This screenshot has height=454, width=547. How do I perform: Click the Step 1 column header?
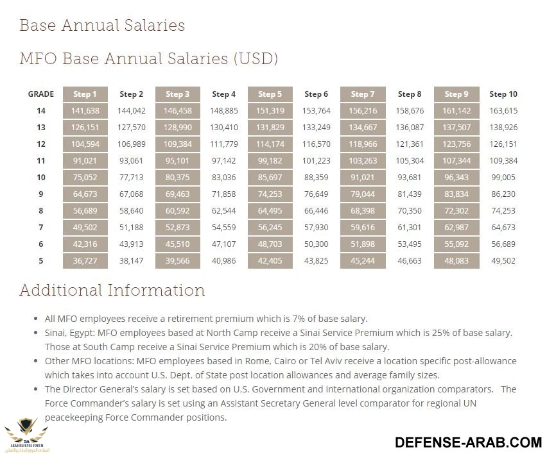85,94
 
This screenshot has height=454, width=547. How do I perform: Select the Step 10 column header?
503,94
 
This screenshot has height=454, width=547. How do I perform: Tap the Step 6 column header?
317,94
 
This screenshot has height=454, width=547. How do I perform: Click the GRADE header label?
40,94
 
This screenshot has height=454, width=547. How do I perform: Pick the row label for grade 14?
40,111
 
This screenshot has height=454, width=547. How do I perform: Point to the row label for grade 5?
40,261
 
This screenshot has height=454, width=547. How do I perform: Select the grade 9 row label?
40,194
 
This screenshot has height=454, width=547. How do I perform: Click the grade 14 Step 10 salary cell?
503,111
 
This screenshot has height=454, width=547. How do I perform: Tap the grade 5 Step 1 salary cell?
85,261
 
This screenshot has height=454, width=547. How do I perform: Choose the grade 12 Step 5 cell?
270,144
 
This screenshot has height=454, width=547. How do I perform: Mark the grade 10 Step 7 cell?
363,178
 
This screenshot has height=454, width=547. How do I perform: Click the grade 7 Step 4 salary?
223,228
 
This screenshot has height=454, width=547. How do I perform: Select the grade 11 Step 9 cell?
456,161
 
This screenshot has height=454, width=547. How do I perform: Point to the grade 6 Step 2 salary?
131,244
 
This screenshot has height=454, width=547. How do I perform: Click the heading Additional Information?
112,290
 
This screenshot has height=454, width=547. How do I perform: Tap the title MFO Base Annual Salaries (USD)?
148,59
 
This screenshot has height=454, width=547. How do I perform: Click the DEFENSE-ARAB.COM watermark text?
468,442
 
